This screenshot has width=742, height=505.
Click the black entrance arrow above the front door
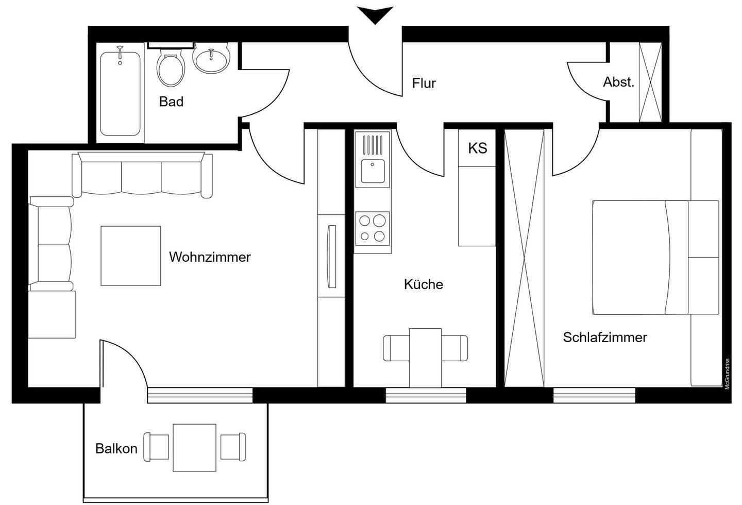(x=376, y=14)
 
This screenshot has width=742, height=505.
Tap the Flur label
(x=424, y=83)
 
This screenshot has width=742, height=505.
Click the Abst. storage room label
(x=618, y=82)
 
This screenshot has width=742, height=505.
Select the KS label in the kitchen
(x=477, y=148)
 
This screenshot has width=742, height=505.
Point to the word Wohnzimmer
(x=210, y=257)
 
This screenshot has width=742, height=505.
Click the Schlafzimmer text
(x=605, y=338)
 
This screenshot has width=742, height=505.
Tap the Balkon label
(x=116, y=448)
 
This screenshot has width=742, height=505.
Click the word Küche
(x=424, y=284)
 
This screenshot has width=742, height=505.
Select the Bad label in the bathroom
(x=171, y=102)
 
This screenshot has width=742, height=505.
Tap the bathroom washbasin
(x=211, y=60)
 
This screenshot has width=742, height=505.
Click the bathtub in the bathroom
(x=120, y=93)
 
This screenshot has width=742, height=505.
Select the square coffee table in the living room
(x=130, y=256)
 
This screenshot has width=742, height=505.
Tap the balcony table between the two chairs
(x=194, y=447)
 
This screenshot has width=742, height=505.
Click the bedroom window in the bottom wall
(x=595, y=395)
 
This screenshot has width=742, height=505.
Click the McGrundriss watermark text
(x=728, y=374)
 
